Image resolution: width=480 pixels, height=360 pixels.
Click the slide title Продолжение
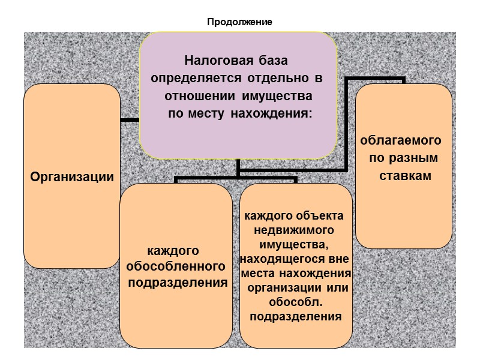coord(240,23)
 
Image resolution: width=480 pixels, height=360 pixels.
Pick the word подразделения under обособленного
coord(177,283)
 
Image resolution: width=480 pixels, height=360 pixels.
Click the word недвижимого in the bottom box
coord(294,230)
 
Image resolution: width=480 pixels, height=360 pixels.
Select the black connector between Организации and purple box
coord(130,120)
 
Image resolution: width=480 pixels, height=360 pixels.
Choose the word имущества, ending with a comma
coord(294,244)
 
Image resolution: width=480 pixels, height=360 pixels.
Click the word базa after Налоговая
coord(275,61)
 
